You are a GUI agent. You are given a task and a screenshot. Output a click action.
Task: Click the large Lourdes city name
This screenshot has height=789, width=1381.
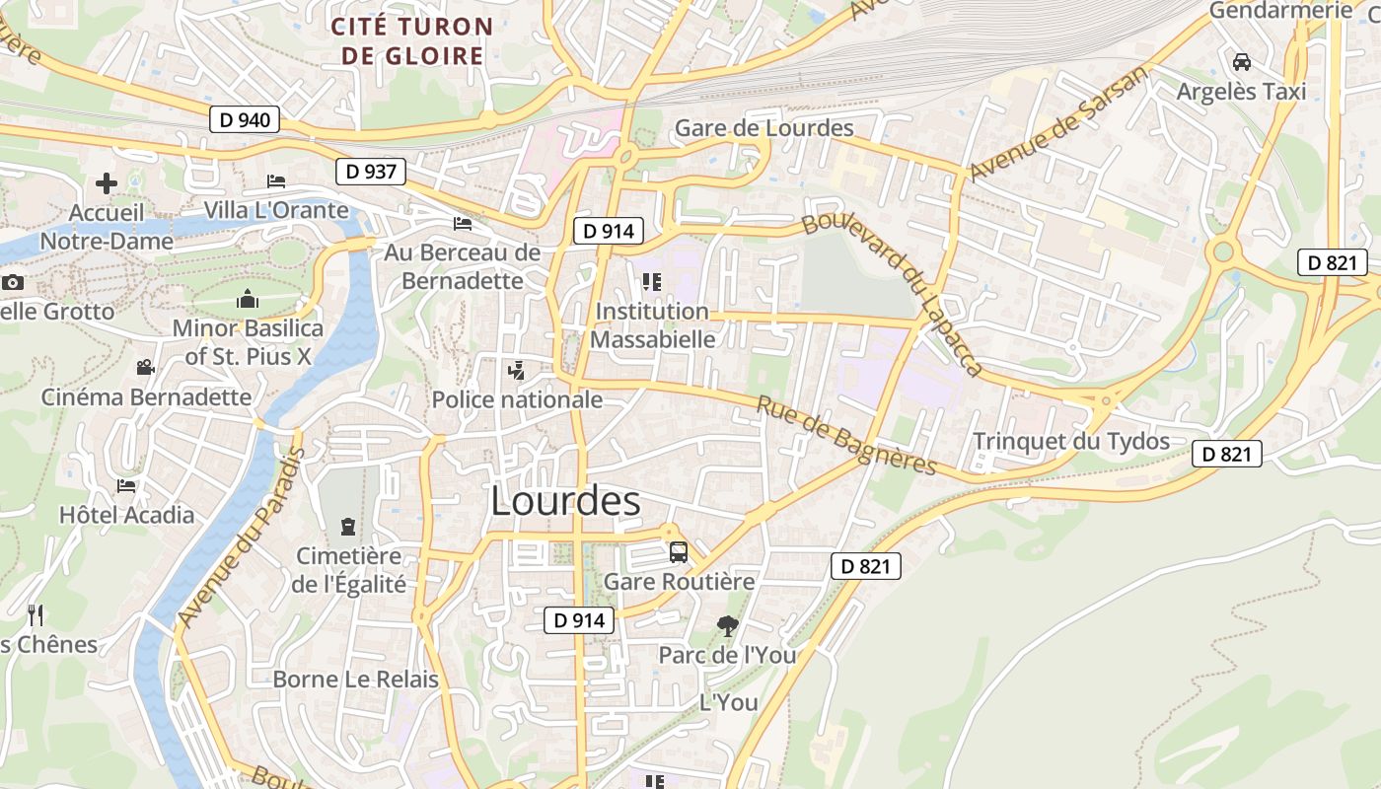pos(565,502)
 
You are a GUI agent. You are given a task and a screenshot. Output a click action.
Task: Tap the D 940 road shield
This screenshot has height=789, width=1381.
pos(245,120)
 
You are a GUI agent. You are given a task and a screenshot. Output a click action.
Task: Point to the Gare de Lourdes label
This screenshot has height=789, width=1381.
pos(763,129)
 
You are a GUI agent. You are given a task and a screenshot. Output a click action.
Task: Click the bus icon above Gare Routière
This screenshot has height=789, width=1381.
pos(678,551)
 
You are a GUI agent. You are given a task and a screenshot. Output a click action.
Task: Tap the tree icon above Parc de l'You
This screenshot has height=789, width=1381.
pos(727,625)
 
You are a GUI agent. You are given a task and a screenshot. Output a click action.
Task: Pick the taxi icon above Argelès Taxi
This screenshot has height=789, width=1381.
pos(1241,61)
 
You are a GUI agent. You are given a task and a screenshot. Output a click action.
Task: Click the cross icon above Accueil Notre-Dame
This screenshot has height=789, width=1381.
pos(107,183)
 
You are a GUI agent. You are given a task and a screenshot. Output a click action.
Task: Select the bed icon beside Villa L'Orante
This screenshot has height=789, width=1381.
pos(276,181)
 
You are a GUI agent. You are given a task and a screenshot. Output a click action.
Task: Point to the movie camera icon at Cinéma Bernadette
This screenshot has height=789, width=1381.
pos(146,368)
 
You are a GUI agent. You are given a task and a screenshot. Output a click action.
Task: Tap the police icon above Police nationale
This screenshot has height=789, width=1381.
pos(516,371)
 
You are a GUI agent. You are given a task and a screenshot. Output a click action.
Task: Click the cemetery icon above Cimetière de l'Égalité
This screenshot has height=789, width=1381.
pos(347,527)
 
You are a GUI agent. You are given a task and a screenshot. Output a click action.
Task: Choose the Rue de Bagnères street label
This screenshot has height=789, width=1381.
pos(845,435)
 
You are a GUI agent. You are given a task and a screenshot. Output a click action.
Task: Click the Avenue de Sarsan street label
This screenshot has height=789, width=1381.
pos(1059,124)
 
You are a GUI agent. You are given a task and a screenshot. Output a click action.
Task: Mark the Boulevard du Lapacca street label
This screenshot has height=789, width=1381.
pos(893,293)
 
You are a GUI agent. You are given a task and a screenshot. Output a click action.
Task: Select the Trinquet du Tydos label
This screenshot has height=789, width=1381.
pos(1071,441)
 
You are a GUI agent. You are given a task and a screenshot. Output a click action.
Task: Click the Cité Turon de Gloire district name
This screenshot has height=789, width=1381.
pos(412,40)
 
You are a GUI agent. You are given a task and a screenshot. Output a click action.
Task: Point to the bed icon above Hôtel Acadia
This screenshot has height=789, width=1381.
pos(126,485)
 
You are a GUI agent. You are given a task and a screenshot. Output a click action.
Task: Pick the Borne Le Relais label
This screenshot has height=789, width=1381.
pos(355,679)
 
